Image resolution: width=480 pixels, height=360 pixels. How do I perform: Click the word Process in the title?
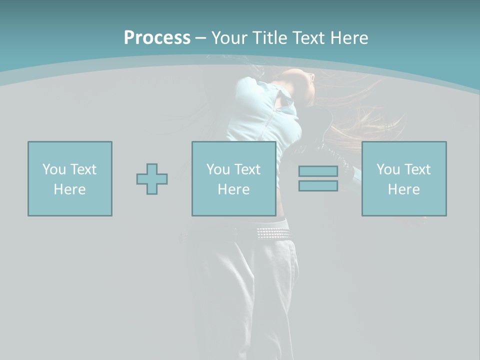157,38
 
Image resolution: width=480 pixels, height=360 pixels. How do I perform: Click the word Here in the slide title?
350,38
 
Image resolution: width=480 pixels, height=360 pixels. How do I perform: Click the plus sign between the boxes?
152,179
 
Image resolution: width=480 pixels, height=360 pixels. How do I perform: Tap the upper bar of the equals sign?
318,171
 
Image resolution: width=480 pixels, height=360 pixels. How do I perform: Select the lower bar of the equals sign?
318,185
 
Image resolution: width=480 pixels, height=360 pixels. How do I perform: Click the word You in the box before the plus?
53,169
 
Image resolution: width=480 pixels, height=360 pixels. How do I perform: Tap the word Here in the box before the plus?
69,189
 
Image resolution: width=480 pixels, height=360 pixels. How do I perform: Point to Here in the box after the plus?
233,189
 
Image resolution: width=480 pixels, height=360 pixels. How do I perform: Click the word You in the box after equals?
387,169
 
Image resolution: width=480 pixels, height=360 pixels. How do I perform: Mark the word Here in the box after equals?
403,189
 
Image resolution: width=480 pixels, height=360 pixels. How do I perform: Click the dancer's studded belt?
272,233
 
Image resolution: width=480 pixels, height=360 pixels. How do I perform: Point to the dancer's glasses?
311,77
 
